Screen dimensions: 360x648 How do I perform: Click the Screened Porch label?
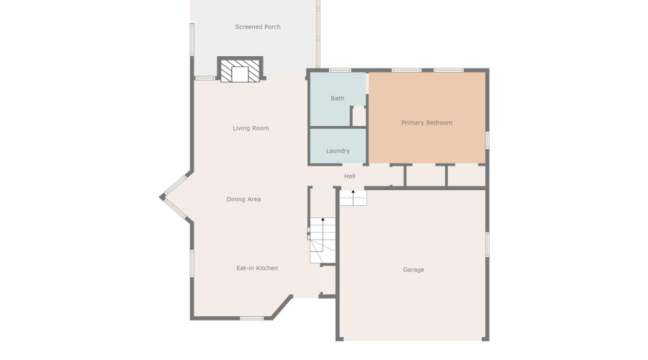[x=258, y=27]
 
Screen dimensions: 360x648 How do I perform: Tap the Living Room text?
[x=251, y=128]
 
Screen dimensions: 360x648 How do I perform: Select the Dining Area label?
[x=243, y=199]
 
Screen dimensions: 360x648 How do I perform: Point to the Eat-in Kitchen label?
[x=257, y=268]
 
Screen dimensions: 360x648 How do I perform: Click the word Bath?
[x=338, y=99]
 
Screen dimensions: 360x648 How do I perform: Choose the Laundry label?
[x=338, y=151]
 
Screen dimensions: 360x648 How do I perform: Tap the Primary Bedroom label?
[x=426, y=122]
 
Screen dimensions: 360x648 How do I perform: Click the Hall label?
[x=350, y=176]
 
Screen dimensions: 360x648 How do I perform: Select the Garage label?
[x=413, y=270]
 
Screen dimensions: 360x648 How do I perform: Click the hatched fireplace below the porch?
[x=240, y=71]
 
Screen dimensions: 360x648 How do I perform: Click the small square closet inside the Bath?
[x=359, y=117]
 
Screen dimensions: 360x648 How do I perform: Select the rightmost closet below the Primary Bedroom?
[x=467, y=176]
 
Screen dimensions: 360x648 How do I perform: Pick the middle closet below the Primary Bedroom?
[x=426, y=176]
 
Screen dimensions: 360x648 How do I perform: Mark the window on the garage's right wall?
[x=487, y=244]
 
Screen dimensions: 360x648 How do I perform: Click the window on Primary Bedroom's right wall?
[x=487, y=140]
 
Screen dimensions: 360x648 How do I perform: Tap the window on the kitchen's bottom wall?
[x=251, y=318]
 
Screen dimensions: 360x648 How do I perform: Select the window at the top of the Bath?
[x=340, y=70]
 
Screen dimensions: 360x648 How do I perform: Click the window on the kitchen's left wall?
[x=192, y=263]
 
